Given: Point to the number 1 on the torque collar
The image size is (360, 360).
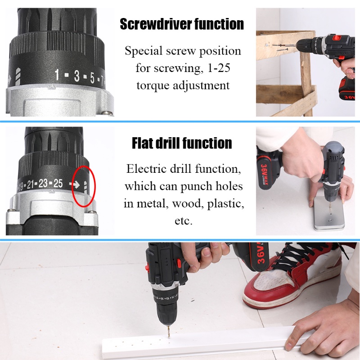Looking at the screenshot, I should pyautogui.click(x=57, y=75).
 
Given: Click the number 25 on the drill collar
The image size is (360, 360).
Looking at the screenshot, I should pyautogui.click(x=58, y=183).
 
